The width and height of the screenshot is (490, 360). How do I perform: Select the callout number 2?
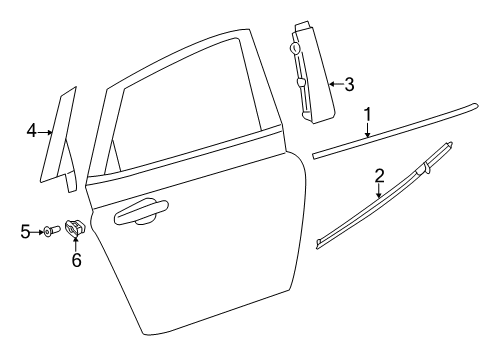(379, 176)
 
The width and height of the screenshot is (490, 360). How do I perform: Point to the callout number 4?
(32, 131)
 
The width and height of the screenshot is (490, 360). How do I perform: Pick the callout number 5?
(26, 231)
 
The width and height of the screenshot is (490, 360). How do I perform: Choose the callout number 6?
(76, 261)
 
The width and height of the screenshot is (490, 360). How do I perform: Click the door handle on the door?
(141, 212)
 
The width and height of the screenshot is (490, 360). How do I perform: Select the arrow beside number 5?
(37, 231)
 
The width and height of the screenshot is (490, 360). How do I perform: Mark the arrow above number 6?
(76, 245)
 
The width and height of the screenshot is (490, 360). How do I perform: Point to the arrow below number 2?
(380, 191)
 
